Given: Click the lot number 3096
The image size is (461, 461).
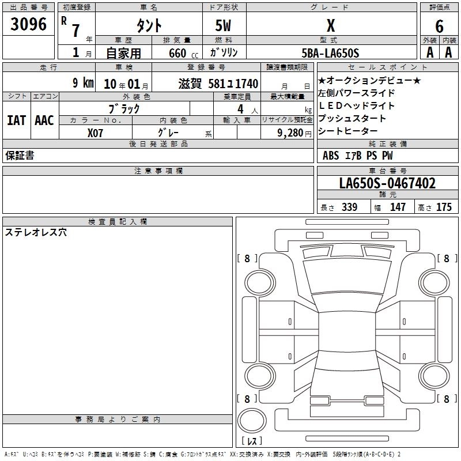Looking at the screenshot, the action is click(x=28, y=24).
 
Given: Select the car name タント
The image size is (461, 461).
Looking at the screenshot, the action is click(x=149, y=25).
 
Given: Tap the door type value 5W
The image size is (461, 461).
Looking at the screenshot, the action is click(x=223, y=25).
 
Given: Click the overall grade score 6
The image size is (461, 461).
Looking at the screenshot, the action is click(x=439, y=26).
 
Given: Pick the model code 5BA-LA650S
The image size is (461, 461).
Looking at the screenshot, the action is click(x=330, y=53).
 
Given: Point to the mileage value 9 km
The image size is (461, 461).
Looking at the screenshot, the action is click(x=83, y=82).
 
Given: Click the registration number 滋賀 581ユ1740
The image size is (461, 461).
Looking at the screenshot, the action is click(x=218, y=84).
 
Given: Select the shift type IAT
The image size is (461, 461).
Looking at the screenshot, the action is click(x=17, y=120).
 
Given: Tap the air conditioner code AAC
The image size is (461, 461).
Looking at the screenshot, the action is click(x=44, y=120).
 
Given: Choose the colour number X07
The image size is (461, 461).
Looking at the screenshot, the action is click(x=95, y=133).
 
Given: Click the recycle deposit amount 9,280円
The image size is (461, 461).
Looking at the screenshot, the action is click(x=294, y=133).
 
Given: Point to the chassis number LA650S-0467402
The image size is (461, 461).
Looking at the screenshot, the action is click(x=387, y=183).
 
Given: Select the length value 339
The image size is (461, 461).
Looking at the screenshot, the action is click(x=349, y=207).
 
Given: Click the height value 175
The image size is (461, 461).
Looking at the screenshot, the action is click(x=444, y=207).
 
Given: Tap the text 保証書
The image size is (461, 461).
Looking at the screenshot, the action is click(x=20, y=155).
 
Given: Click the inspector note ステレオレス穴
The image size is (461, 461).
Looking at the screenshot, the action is click(x=36, y=232).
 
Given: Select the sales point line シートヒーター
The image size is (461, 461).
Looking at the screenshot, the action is click(x=347, y=131).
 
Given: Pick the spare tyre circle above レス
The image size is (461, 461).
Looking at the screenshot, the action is click(x=252, y=421).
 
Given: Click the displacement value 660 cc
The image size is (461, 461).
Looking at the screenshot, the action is click(x=183, y=53).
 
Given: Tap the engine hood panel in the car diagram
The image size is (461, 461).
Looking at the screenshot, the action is click(x=347, y=277).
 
